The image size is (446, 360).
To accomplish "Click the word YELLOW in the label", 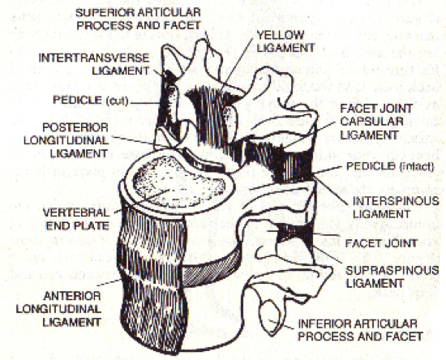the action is coord(281,35).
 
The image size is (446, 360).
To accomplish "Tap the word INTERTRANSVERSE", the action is coord(94,58).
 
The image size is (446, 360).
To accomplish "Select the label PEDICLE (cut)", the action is coord(91,101).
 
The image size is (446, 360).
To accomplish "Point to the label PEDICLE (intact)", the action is coord(390,166).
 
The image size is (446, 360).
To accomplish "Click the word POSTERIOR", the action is coord(75,127).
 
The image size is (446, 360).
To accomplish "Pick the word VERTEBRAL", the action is coord(76,212).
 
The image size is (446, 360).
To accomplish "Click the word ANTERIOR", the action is coord(72,296).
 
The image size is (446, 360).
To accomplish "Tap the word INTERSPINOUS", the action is coord(396,201).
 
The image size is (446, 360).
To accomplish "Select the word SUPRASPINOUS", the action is coord(392,270).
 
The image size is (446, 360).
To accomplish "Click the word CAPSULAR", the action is coord(371,122).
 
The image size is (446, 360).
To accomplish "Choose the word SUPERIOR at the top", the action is coord(105,12).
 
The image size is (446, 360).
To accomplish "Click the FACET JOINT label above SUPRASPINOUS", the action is coord(381,243).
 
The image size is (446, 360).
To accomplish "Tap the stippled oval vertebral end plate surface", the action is coord(178,182).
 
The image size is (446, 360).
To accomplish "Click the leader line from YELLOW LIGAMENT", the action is coord(237,65).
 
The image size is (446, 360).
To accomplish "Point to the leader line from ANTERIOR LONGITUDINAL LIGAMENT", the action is coord(109,282).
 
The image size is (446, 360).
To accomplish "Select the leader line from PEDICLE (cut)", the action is coord(145,103).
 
